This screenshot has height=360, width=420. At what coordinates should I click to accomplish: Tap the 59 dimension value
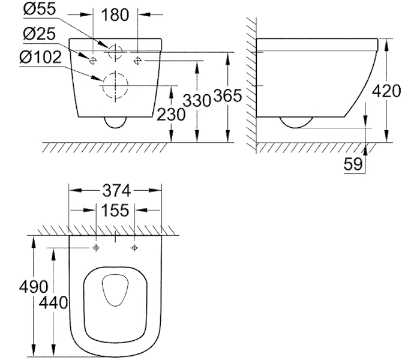353,164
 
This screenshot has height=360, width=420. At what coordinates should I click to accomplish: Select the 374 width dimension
116,190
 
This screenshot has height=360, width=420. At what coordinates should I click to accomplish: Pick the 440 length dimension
53,303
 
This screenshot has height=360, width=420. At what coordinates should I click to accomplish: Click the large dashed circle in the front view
116,85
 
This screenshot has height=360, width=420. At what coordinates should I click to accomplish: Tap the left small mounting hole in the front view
93,60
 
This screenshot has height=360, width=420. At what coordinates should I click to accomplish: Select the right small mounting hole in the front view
138,60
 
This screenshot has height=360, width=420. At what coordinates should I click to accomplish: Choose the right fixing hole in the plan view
134,248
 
